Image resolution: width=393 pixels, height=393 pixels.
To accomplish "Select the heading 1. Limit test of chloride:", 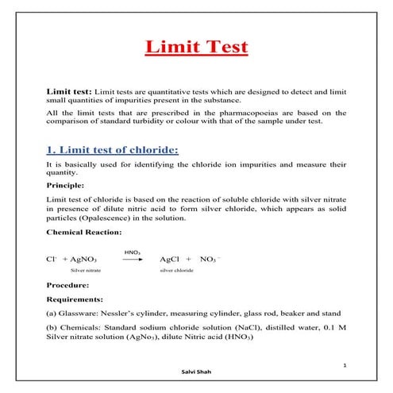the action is click(113, 149).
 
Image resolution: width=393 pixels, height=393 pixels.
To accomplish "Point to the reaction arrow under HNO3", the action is click(132, 260).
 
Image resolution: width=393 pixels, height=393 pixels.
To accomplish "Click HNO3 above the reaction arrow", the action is click(133, 252).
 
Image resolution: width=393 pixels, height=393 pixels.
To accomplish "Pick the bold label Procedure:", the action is click(68, 284).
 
